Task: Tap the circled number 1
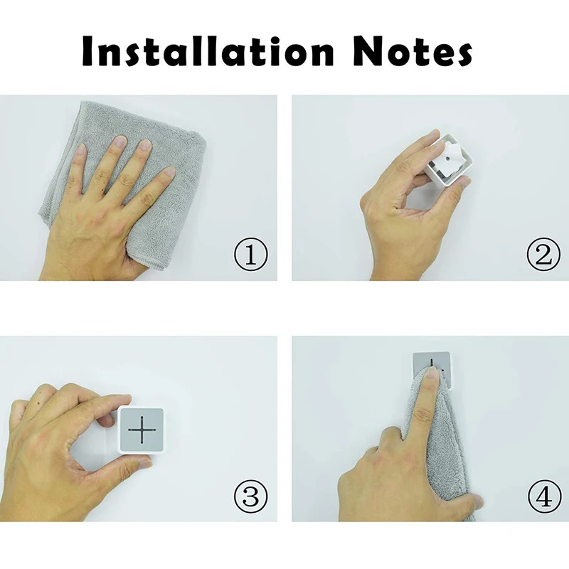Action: pyautogui.click(x=250, y=255)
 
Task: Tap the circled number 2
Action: pyautogui.click(x=543, y=255)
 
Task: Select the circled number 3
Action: pyautogui.click(x=250, y=496)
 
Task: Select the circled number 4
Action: pyautogui.click(x=543, y=496)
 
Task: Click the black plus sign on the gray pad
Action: pyautogui.click(x=142, y=429)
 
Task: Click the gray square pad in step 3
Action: pyautogui.click(x=142, y=429)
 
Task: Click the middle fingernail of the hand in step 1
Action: pyautogui.click(x=119, y=144)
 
